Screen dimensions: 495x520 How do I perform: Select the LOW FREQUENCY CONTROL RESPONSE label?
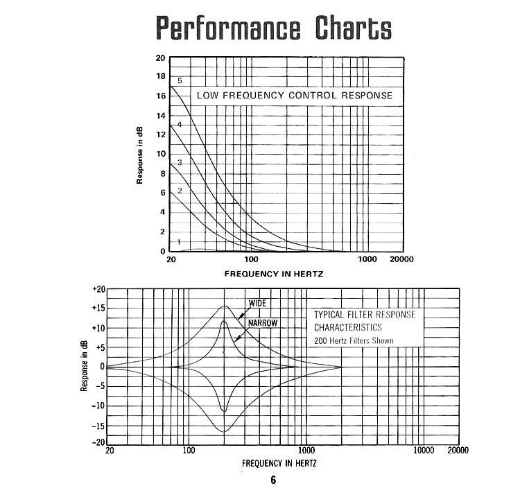click(294, 95)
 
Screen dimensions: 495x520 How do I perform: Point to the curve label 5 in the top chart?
click(180, 81)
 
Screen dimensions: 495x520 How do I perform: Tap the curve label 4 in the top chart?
click(180, 125)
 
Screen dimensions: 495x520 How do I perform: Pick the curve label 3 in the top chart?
click(180, 162)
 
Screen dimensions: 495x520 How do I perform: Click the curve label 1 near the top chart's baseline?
click(179, 242)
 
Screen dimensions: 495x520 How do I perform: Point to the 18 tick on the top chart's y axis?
click(161, 76)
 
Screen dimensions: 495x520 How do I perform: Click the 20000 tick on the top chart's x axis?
click(401, 259)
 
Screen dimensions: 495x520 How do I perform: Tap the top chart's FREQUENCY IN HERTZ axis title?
click(273, 274)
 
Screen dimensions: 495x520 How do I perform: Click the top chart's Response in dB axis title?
click(140, 155)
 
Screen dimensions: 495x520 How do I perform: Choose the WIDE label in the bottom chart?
click(257, 303)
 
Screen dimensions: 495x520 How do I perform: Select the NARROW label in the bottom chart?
click(255, 322)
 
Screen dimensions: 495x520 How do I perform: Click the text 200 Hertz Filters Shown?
click(354, 341)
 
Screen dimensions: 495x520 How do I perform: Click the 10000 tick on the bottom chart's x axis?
click(424, 451)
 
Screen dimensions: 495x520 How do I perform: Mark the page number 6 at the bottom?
click(273, 480)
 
